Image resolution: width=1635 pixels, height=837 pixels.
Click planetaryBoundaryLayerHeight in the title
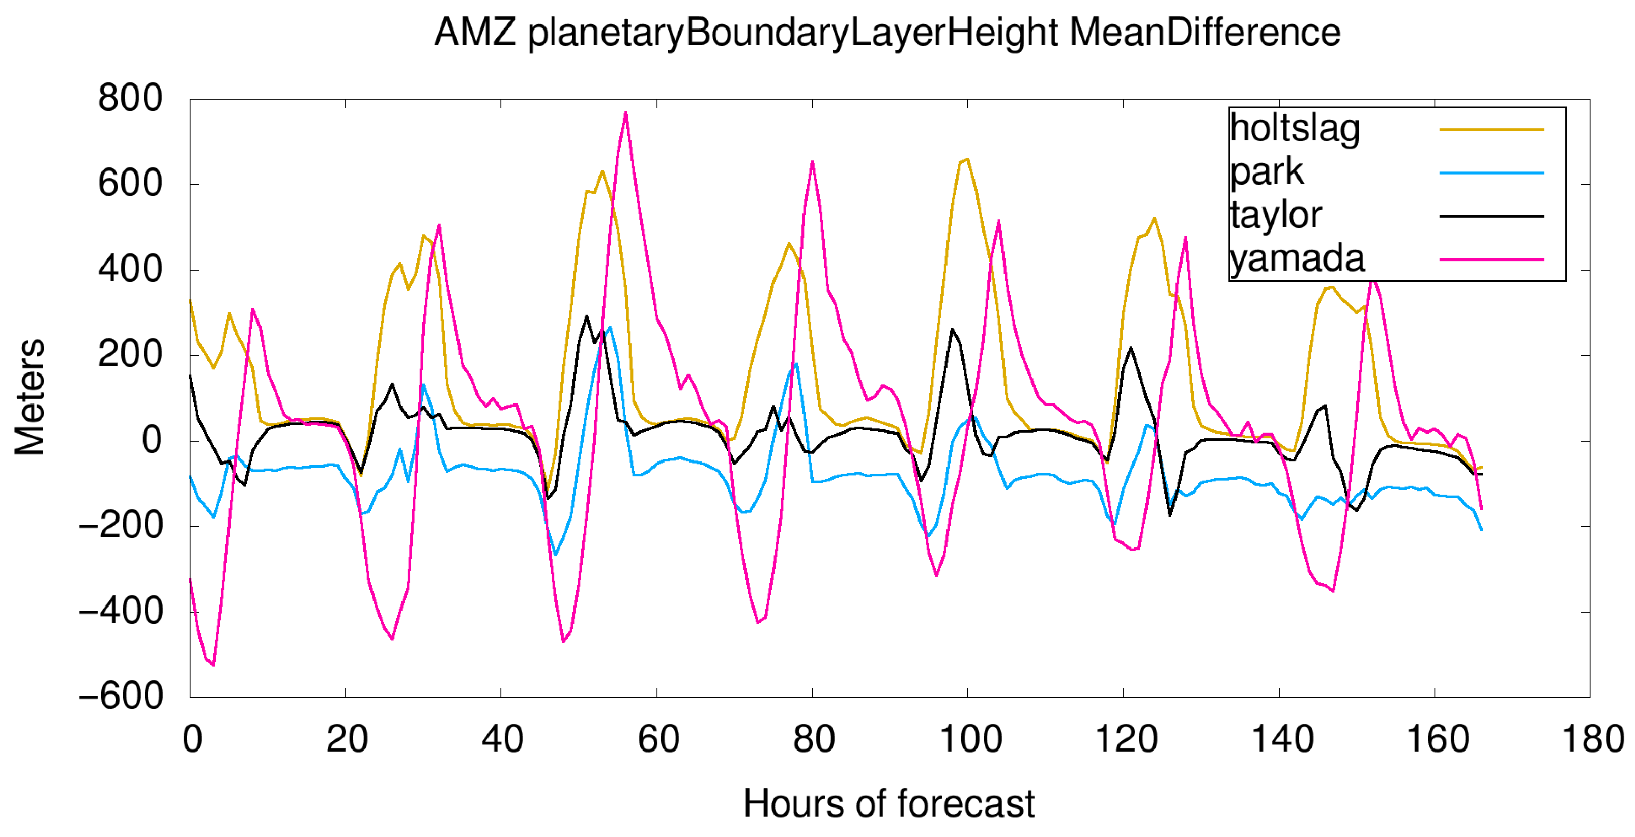pyautogui.click(x=793, y=34)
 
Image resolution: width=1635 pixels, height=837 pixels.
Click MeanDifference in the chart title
pyautogui.click(x=1204, y=33)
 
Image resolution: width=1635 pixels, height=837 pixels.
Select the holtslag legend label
pyautogui.click(x=1294, y=129)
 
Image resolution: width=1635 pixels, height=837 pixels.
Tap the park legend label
pyautogui.click(x=1266, y=172)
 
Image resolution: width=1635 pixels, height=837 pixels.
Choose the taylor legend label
pyautogui.click(x=1276, y=215)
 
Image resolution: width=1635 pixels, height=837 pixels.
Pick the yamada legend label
pyautogui.click(x=1297, y=259)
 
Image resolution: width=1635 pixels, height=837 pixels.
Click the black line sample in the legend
pyautogui.click(x=1491, y=216)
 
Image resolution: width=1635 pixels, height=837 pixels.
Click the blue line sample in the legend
pyautogui.click(x=1491, y=172)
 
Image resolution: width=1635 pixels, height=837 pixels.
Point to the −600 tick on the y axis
pyautogui.click(x=121, y=696)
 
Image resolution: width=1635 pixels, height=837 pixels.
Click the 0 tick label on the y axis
pyautogui.click(x=152, y=440)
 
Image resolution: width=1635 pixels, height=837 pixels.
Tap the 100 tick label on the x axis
pyautogui.click(x=970, y=739)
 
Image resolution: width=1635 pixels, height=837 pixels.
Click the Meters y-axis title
pyautogui.click(x=30, y=396)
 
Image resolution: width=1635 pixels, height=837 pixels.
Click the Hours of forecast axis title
pyautogui.click(x=888, y=803)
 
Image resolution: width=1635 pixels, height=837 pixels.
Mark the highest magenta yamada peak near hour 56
pyautogui.click(x=626, y=113)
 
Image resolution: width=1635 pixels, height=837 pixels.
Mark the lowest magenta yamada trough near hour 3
pyautogui.click(x=213, y=665)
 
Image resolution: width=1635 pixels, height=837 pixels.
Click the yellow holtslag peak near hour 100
pyautogui.click(x=967, y=159)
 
